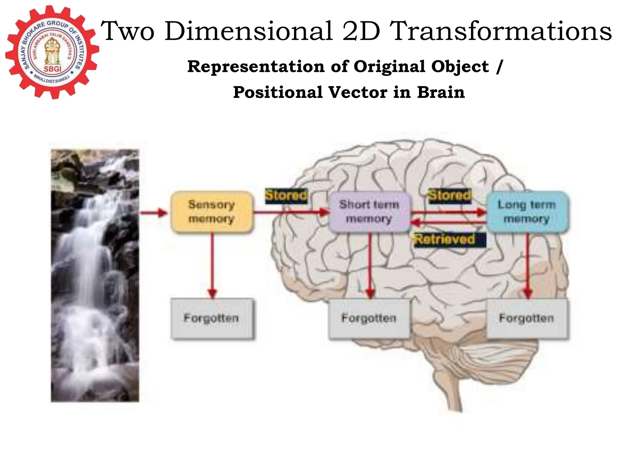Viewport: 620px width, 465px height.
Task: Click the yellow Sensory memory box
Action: coord(211,212)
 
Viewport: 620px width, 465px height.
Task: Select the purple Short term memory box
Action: coord(369,212)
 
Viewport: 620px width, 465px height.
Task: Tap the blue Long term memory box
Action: coord(527,212)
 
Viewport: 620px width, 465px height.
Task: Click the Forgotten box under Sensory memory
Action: coord(212,318)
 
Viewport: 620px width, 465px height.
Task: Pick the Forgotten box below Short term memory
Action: coord(369,318)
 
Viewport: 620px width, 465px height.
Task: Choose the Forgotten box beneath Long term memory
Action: coord(527,318)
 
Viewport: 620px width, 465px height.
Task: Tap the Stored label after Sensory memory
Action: coord(286,196)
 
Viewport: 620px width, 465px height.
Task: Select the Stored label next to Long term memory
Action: coord(450,196)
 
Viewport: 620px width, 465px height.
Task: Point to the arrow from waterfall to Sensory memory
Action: coord(154,213)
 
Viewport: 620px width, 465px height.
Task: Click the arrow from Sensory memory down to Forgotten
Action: coord(213,263)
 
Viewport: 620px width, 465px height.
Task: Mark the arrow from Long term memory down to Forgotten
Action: coord(528,263)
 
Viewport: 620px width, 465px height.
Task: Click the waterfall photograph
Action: coord(95,275)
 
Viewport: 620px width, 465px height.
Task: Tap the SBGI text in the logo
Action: coord(53,69)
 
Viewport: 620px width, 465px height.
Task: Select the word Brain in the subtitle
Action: coord(441,92)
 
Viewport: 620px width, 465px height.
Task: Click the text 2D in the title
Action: coord(361,31)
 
